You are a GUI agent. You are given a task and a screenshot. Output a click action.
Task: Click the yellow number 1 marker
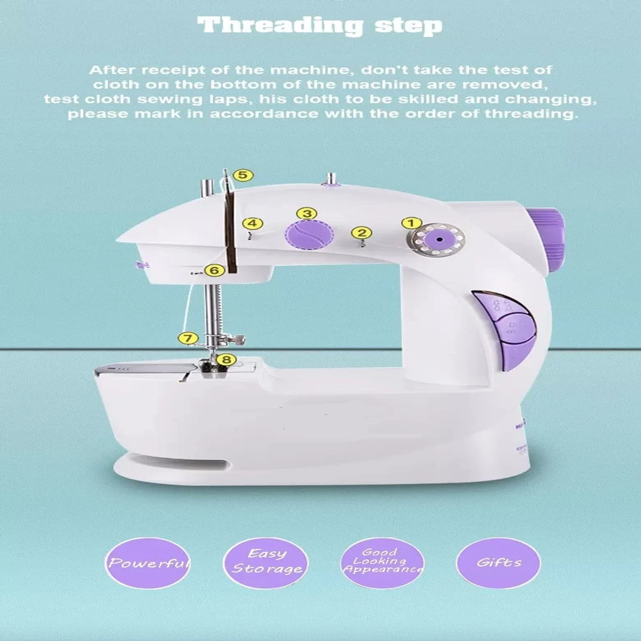412,223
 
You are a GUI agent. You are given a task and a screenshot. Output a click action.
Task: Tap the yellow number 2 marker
362,232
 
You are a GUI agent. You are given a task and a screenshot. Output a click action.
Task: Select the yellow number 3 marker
306,214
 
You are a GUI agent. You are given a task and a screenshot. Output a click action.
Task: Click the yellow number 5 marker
243,175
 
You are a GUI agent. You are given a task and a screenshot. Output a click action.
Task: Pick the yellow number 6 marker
214,271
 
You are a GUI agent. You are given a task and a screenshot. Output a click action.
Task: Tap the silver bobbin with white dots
434,241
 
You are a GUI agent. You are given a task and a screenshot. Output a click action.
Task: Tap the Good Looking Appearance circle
382,560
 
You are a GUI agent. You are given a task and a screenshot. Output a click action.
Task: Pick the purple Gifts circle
498,562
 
